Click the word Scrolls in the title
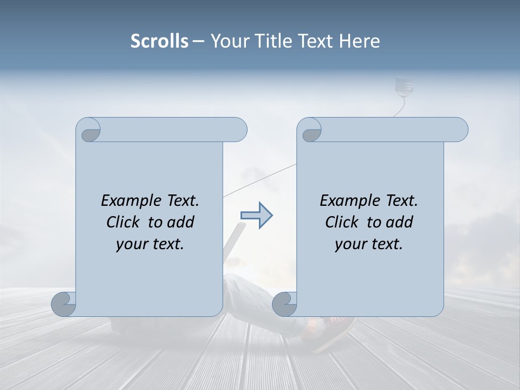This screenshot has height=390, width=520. pos(160,41)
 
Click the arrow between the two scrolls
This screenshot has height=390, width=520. pos(256,215)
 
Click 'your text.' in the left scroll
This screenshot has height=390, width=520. pos(150,244)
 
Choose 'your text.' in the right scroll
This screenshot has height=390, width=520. pos(369,244)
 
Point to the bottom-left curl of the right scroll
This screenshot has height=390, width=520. pos(285,303)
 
